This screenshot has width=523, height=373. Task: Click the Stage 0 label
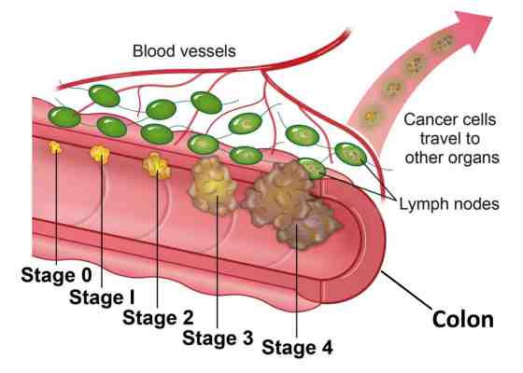56,275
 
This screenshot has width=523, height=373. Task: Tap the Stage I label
102,297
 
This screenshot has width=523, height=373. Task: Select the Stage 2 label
158,317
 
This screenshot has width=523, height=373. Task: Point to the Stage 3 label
218,338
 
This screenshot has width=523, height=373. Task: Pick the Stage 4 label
297,347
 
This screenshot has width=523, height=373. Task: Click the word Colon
463,319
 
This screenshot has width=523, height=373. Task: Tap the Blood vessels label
184,51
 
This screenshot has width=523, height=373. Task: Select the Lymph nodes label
449,204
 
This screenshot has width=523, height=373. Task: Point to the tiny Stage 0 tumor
55,147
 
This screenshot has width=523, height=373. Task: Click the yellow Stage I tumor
100,154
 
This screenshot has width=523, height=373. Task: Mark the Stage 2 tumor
157,165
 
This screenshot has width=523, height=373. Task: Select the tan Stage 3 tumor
214,186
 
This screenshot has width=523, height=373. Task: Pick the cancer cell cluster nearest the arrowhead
443,43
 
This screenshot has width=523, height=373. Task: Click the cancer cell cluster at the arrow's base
371,117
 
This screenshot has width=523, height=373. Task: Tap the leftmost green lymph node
64,117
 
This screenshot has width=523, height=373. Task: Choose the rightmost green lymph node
350,154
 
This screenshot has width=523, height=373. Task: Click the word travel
449,138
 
